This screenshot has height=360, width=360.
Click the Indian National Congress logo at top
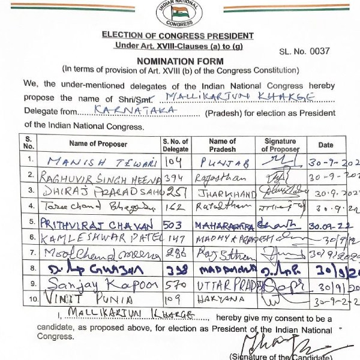click(179, 14)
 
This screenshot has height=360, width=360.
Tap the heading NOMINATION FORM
click(180, 61)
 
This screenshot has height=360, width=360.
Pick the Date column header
click(326, 145)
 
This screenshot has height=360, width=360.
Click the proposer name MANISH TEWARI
click(94, 161)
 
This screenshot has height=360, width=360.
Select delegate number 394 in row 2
click(175, 177)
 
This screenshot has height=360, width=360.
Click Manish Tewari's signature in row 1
click(280, 160)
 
